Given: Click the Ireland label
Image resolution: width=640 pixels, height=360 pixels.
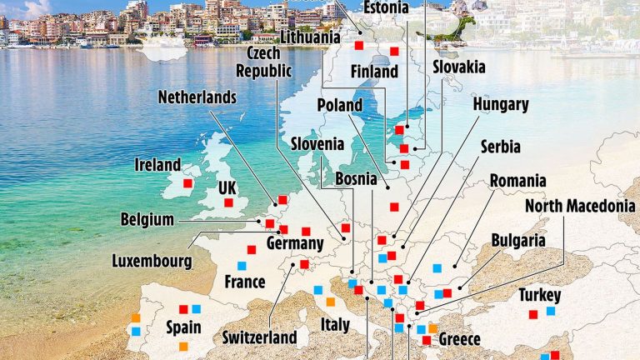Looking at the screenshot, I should tap(157, 165).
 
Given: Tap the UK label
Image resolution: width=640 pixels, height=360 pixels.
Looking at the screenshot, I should tap(227, 188).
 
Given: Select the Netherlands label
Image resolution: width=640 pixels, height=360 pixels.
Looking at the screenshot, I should tap(197, 97).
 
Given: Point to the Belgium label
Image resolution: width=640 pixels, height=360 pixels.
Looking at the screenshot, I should tap(147, 221).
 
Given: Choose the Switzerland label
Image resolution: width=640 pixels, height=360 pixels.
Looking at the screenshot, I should tap(259, 337).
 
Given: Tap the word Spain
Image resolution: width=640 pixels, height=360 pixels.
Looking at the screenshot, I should tap(183, 327).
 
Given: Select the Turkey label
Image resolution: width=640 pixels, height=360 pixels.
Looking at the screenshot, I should tap(539, 296).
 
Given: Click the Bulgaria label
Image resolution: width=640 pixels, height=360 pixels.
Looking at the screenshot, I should tap(518, 241).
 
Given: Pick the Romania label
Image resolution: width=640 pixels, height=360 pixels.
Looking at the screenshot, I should tap(517, 181).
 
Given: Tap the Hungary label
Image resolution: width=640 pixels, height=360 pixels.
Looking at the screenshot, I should tap(501, 105).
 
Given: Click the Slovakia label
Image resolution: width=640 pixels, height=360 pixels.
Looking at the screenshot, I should tap(458, 67).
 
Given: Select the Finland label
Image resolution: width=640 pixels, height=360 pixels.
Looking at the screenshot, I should tap(374, 72).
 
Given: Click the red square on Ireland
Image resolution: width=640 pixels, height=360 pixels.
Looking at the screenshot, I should tap(188, 183).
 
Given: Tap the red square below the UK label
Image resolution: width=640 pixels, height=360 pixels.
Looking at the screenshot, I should tap(227, 202).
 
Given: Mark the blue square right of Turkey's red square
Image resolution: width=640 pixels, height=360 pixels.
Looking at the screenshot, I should tap(550, 312).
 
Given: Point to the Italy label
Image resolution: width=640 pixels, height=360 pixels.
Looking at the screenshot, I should tap(335, 323).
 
